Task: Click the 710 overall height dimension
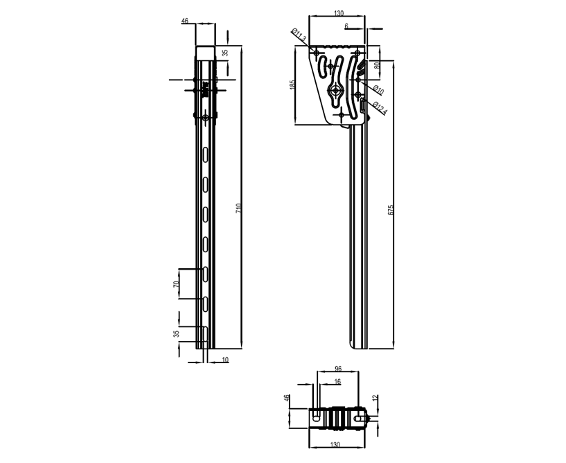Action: (x=238, y=208)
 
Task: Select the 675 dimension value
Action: (x=390, y=210)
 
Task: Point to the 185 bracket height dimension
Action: (x=292, y=85)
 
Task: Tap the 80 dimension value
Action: (x=376, y=66)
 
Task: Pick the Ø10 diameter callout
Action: (x=378, y=90)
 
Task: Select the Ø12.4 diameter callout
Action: (x=380, y=108)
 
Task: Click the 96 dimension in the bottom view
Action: (x=338, y=369)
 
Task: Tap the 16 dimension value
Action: (x=338, y=381)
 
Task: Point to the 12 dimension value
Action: (x=375, y=398)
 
